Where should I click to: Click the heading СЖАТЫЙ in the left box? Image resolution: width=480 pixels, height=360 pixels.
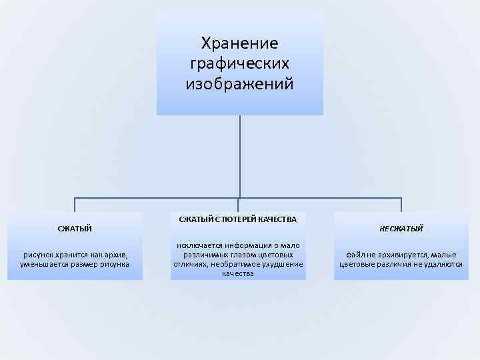coord(75,229)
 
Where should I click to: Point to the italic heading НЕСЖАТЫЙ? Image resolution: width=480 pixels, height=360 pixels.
coord(401,229)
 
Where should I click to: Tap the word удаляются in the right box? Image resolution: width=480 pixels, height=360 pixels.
coord(442,264)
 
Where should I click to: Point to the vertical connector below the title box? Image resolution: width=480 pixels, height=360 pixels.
coord(239,157)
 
